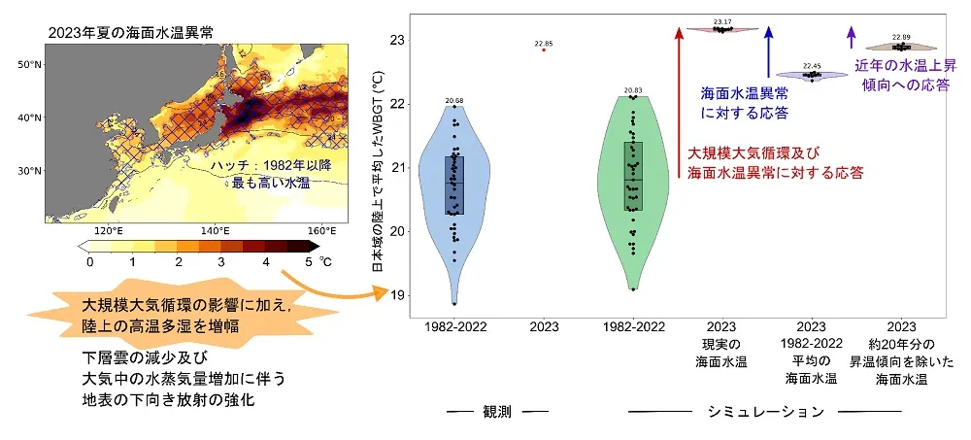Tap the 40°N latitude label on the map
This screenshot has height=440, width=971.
pyautogui.click(x=29, y=118)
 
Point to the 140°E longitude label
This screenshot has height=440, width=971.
pyautogui.click(x=215, y=231)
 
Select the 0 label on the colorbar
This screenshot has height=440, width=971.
pyautogui.click(x=90, y=262)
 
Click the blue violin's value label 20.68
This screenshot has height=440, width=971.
pyautogui.click(x=454, y=100)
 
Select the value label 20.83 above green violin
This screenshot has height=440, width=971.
pyautogui.click(x=633, y=89)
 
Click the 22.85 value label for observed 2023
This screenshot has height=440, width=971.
pyautogui.click(x=544, y=44)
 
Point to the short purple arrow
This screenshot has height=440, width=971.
pyautogui.click(x=852, y=37)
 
